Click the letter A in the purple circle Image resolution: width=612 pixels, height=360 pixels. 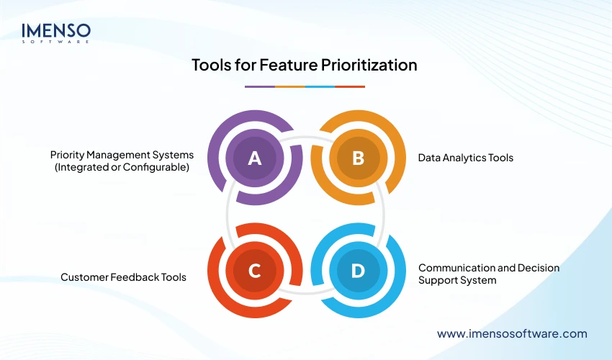coord(254,158)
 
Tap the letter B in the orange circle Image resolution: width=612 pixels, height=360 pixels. coord(357,158)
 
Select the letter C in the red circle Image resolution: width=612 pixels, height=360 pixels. coord(254,271)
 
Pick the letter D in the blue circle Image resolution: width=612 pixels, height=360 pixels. coord(357,271)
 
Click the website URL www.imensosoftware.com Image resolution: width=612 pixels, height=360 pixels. coord(512,333)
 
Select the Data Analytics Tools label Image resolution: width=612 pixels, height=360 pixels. coord(466,157)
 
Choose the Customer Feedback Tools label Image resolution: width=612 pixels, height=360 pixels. coord(123,277)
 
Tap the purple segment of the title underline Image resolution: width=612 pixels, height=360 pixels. coord(259,86)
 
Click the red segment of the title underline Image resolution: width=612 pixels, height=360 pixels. coord(350,86)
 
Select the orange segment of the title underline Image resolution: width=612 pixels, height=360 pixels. coord(289,86)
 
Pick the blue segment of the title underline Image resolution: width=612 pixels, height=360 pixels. coord(320,86)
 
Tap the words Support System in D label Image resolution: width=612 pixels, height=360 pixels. coord(457,280)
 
